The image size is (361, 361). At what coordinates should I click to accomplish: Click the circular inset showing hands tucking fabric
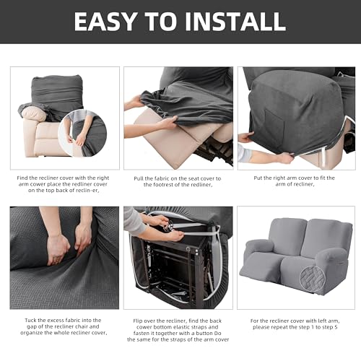point(82,133)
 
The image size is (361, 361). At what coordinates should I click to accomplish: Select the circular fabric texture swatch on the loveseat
point(313,279)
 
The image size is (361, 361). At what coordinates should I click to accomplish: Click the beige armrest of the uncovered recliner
point(33,114)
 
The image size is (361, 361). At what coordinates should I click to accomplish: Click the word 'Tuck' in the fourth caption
point(30,321)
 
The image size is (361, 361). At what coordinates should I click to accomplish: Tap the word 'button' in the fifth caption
point(204,334)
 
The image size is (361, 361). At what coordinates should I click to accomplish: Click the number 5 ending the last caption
point(336,327)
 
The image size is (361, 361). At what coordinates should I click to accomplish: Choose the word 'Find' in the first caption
point(22,178)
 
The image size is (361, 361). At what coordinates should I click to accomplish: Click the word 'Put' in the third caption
point(258,178)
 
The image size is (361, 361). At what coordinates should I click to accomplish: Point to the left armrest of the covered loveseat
point(260,247)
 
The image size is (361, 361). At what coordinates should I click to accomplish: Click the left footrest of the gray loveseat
point(261,266)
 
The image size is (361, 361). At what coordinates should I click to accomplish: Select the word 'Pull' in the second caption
point(139,179)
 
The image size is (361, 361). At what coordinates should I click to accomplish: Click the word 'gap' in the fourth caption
point(32,327)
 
